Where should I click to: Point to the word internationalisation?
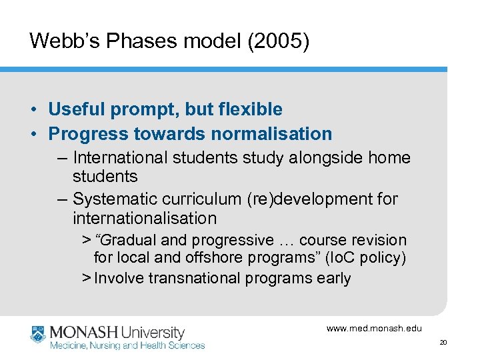click(145, 218)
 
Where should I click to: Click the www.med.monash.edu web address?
click(374, 328)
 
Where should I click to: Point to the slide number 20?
click(443, 343)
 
